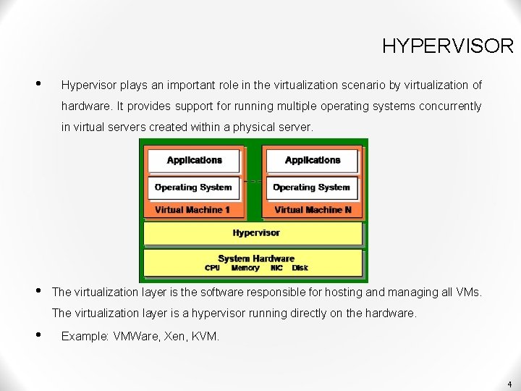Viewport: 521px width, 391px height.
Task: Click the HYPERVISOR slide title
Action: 447,46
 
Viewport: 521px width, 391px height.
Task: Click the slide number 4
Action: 509,384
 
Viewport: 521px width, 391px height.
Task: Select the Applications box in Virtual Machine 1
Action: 194,160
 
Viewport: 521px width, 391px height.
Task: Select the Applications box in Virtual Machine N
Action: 312,160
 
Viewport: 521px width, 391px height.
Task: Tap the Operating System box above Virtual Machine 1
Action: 193,187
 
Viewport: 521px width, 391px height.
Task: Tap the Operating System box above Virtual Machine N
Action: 312,187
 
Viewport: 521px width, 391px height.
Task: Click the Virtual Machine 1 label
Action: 192,210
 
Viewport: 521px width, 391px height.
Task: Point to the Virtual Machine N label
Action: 313,210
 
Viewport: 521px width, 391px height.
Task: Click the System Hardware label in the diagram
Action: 256,258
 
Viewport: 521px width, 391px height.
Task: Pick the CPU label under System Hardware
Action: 212,268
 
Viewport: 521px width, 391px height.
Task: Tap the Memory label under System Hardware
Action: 245,268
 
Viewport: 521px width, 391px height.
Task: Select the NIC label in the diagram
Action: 276,268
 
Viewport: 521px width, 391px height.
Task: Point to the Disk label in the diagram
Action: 300,268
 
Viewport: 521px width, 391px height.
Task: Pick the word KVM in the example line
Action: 206,337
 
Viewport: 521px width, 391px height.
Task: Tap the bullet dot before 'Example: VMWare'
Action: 39,335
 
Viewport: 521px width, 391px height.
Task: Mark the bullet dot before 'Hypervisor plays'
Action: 39,83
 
